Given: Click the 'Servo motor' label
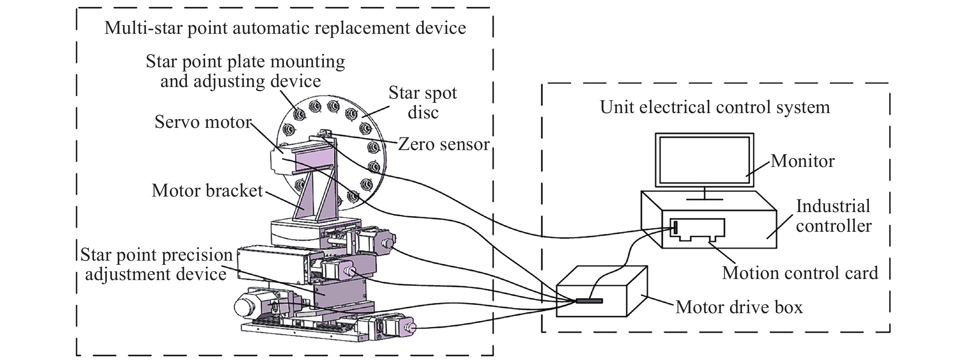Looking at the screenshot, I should coord(203,122).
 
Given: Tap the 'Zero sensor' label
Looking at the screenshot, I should coord(444,144).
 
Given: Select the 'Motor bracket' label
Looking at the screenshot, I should coord(207,191).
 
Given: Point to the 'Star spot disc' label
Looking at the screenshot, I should coord(422,103).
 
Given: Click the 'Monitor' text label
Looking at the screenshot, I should coord(802,161).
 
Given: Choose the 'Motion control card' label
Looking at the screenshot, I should coord(800,273).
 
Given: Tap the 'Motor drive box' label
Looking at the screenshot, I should coord(739,307).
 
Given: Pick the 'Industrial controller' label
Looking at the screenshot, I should coord(833,216).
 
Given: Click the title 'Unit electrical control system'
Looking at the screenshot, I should coord(715,107).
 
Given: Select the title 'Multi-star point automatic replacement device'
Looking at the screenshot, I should coord(285,28).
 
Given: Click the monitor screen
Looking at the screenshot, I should coord(704,160).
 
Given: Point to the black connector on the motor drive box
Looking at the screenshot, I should coord(589,301).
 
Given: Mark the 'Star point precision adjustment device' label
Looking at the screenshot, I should coord(156,264).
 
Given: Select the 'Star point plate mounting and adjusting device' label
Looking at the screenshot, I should coord(245,71).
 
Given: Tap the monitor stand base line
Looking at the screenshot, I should coord(704,199).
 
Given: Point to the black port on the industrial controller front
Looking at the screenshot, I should coord(675,227).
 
